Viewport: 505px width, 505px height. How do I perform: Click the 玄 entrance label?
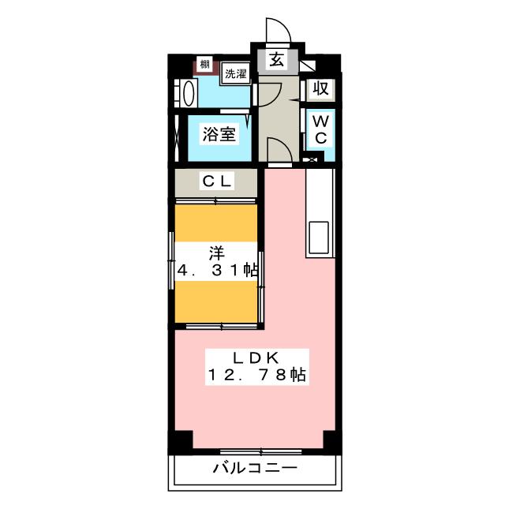tap(278, 60)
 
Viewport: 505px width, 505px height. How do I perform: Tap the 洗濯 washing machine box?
tap(234, 74)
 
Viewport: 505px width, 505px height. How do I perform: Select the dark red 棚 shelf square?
tap(204, 65)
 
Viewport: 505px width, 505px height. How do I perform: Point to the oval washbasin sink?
tap(189, 94)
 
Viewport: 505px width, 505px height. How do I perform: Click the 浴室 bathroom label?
tap(219, 134)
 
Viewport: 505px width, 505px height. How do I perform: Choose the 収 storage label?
tap(320, 88)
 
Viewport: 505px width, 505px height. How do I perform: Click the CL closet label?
tap(217, 181)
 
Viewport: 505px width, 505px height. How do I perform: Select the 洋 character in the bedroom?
tap(216, 252)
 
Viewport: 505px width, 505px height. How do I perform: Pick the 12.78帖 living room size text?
tap(256, 375)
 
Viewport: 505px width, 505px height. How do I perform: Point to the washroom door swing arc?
tap(266, 92)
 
